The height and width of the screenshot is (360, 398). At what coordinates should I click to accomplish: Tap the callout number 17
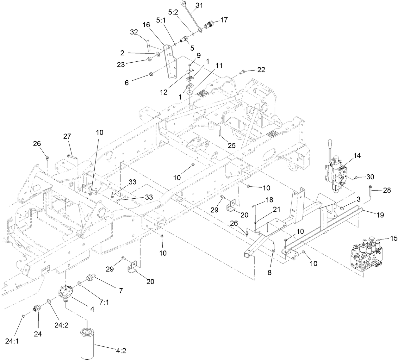[224, 20]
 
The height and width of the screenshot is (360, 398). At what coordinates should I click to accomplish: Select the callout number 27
[67, 136]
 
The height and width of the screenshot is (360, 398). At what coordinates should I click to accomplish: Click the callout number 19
[380, 215]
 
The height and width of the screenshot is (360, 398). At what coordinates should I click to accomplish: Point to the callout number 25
[232, 145]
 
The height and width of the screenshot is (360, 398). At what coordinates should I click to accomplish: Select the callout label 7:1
[104, 302]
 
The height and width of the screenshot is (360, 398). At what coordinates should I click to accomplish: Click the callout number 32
[134, 32]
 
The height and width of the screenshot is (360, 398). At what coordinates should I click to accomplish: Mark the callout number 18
[269, 200]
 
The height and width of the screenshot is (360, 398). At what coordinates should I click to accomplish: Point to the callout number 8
[270, 272]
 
